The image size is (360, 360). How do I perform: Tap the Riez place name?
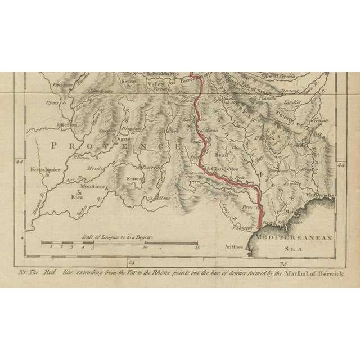[76, 197]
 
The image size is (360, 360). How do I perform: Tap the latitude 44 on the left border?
[20, 162]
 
